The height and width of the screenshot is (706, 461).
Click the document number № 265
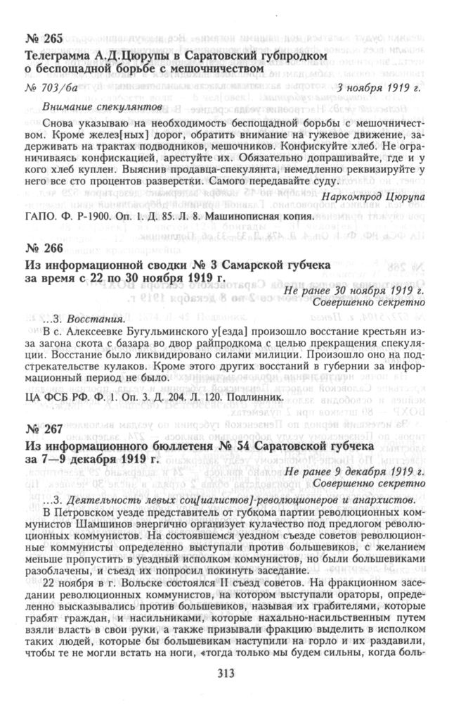[x=44, y=38]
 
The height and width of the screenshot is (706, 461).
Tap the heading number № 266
[x=44, y=248]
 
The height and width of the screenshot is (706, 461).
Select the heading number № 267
[x=44, y=428]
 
